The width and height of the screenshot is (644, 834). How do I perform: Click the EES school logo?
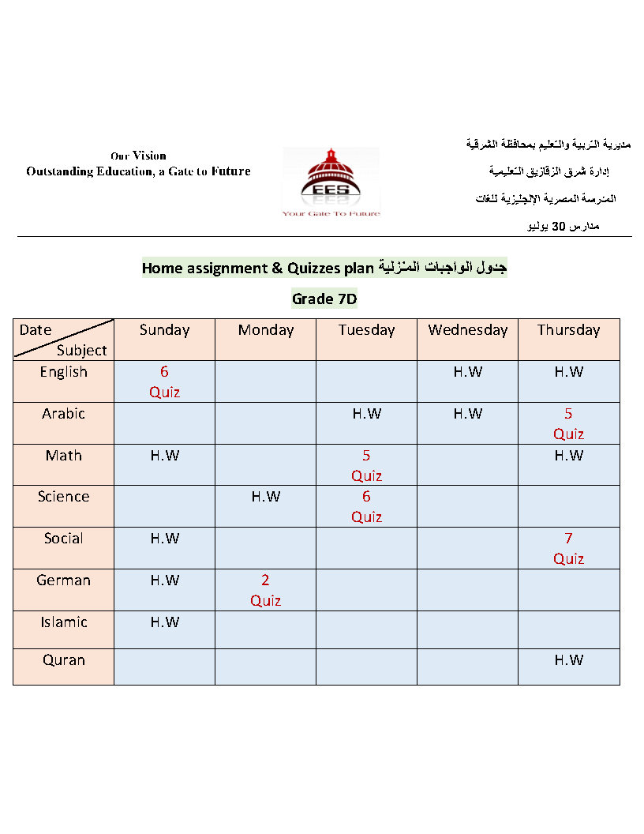331,181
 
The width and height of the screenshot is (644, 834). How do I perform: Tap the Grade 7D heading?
324,299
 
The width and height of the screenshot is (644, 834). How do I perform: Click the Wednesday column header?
468,330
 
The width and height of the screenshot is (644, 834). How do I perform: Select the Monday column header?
266,330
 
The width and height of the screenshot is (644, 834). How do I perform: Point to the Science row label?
64,497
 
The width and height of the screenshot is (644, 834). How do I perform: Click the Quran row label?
64,660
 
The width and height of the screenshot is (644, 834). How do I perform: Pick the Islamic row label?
64,622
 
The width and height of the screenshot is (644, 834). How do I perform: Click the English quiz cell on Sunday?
164,381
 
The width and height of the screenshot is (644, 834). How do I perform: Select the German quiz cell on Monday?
266,590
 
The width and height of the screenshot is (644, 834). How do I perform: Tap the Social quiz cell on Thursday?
568,548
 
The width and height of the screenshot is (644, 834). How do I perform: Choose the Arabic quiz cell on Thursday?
568,423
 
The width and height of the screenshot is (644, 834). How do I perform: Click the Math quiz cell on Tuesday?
366,465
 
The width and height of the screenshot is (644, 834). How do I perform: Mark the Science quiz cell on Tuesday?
366,506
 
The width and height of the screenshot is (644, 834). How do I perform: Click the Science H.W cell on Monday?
266,497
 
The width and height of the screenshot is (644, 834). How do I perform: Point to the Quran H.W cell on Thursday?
568,660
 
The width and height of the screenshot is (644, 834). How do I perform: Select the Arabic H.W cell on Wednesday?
468,414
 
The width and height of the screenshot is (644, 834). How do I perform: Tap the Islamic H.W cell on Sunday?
164,622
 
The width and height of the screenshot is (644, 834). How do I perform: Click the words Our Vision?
138,156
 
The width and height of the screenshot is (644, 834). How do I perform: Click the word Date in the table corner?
36,330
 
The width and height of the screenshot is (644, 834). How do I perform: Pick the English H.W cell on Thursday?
568,372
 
